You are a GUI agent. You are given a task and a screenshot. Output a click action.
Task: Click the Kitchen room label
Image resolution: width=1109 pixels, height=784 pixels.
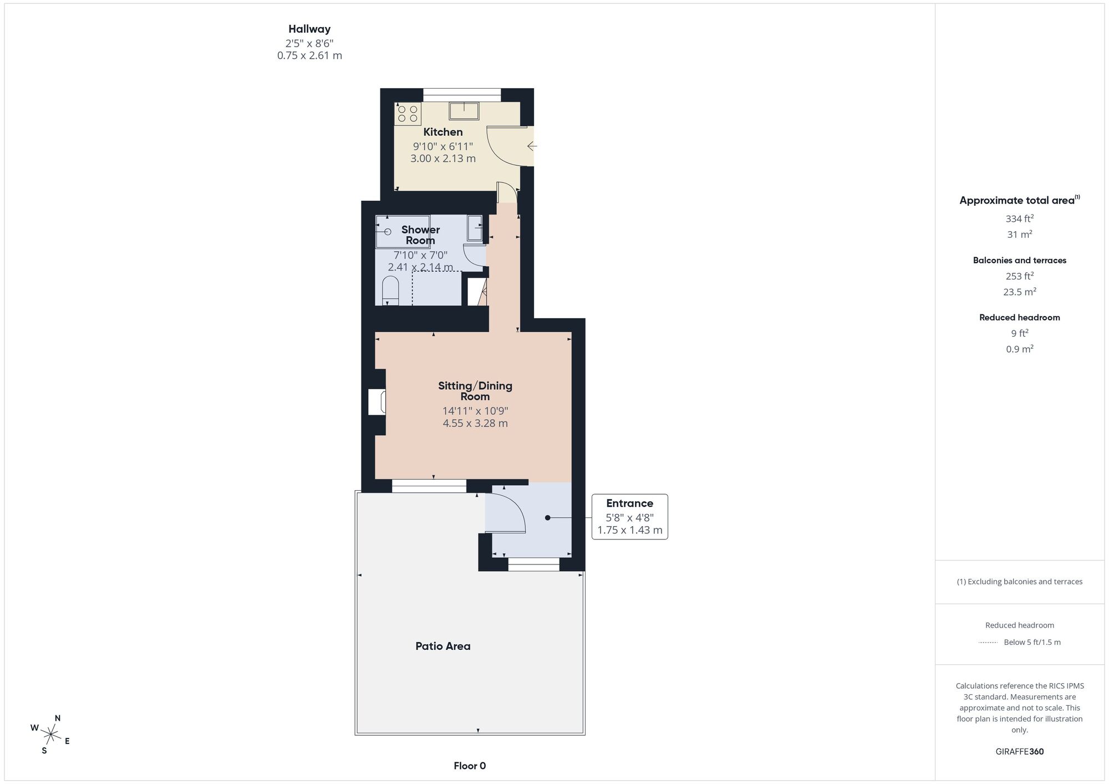[442, 132]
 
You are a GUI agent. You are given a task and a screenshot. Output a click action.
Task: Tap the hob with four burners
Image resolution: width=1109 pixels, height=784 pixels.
[408, 114]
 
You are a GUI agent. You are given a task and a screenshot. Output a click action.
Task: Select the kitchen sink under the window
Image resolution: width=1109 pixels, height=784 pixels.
[464, 111]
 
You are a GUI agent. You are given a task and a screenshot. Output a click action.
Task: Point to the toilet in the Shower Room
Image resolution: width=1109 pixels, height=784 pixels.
[390, 291]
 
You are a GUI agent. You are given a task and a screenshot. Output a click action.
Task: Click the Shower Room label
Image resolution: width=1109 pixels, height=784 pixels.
[420, 235]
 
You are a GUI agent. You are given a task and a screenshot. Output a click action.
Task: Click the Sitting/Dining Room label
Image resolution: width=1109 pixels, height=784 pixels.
[475, 391]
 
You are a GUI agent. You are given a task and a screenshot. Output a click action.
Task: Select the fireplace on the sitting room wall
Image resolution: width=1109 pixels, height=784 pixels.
[378, 403]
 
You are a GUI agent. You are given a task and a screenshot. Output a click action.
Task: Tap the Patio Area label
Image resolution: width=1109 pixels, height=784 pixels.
[442, 646]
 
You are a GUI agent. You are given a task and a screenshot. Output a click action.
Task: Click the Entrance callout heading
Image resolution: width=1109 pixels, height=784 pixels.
[629, 503]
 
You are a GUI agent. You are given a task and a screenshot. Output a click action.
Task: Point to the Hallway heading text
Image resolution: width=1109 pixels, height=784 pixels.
[309, 29]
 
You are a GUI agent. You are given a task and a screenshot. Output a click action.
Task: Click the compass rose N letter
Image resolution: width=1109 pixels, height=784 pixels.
[58, 718]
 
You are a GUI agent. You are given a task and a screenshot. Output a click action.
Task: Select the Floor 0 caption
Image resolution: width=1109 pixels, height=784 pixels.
[470, 766]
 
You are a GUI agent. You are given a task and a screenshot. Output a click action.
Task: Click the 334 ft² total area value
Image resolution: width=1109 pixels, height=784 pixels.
[1020, 218]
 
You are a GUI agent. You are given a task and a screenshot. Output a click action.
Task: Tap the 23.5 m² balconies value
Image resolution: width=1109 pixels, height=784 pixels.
[1020, 292]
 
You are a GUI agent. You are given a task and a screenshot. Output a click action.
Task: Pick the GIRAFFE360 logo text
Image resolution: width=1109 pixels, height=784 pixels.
[1020, 752]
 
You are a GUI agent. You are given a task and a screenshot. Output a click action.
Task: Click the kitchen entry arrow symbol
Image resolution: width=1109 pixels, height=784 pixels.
[532, 146]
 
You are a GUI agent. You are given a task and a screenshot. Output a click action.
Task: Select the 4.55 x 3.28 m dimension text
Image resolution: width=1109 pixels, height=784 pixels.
[475, 423]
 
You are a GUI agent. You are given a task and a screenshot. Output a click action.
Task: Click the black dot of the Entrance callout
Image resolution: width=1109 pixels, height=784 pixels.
[547, 518]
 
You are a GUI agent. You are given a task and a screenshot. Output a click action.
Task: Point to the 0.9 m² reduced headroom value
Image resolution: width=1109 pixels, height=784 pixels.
[1020, 349]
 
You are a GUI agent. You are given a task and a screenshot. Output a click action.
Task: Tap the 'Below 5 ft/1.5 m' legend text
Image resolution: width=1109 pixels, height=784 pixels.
[1032, 642]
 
